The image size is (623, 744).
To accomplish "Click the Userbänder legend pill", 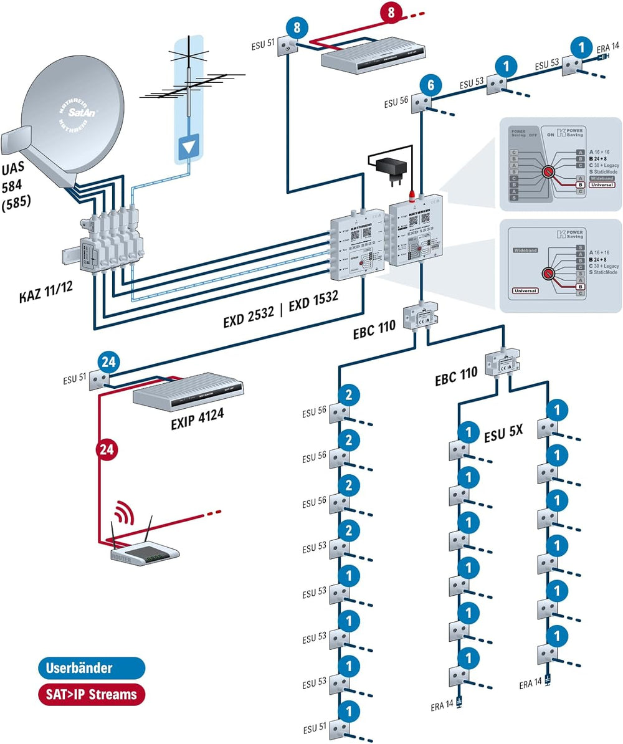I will point(91,667).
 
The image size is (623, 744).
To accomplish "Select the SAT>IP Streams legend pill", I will point(91,694).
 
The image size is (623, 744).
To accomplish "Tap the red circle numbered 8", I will point(391,12).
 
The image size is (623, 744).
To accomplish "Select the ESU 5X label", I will point(503,436).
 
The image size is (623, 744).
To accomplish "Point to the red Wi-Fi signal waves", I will point(123,513).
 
